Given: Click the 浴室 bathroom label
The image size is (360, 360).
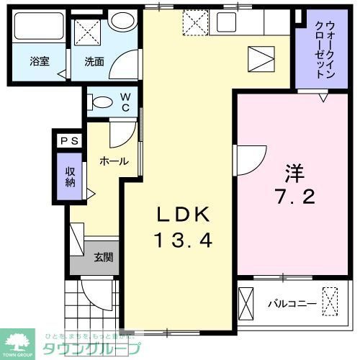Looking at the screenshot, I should [x=40, y=62].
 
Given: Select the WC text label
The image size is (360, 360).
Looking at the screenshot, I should [x=125, y=102].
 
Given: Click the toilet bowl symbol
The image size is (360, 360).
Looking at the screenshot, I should [x=102, y=102].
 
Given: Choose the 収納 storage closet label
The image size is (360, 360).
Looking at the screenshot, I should [x=69, y=176].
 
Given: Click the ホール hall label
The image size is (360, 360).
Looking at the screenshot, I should [x=114, y=161].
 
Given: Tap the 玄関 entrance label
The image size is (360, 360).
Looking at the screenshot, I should [x=102, y=257].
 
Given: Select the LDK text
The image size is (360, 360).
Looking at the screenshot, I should [x=184, y=214].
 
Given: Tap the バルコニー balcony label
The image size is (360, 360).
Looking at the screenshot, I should [x=292, y=303].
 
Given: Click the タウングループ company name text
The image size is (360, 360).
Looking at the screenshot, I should [x=91, y=348].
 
